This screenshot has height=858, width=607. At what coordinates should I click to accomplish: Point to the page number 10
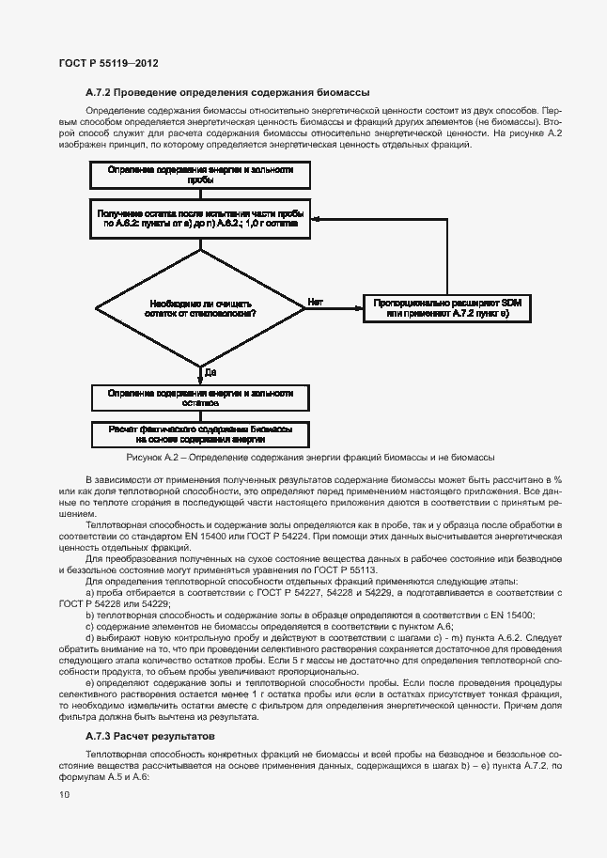(64, 795)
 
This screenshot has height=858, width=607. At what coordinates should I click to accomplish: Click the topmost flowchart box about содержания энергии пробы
(200, 175)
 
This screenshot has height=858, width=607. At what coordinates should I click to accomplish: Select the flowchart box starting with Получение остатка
(200, 220)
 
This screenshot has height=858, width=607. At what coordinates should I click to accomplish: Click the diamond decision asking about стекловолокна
(199, 308)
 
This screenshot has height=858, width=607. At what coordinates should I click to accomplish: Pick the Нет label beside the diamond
(316, 301)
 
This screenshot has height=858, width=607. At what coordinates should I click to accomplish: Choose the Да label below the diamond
(210, 372)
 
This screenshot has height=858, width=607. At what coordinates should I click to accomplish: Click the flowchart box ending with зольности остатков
(200, 398)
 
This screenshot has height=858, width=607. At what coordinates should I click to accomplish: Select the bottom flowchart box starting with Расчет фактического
(200, 433)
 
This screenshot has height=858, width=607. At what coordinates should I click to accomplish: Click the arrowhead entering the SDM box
(360, 308)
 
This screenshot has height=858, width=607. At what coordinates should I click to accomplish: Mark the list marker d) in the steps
(90, 636)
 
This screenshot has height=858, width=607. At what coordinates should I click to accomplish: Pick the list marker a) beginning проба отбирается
(90, 592)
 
